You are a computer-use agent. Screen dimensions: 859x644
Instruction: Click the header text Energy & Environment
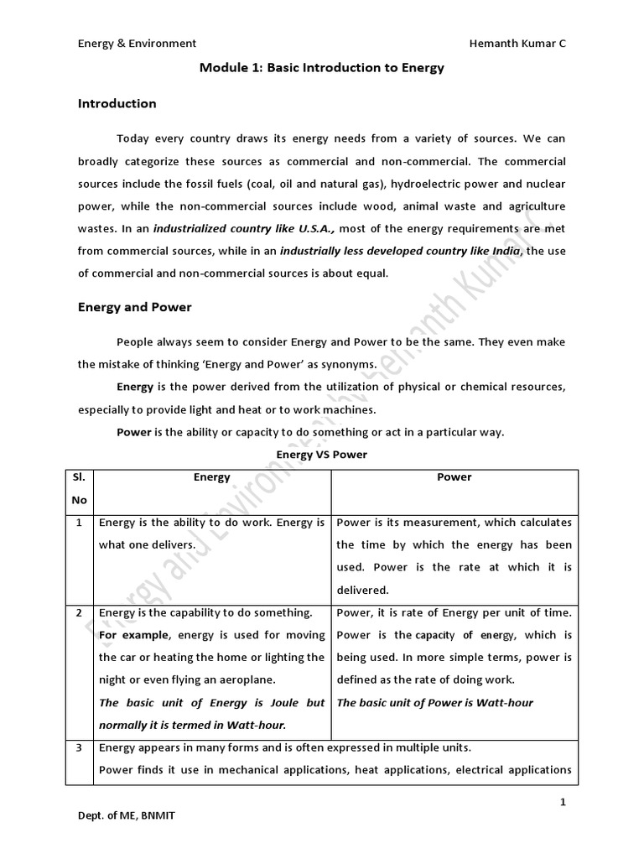click(137, 43)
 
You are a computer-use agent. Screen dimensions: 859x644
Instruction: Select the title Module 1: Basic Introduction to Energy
click(322, 68)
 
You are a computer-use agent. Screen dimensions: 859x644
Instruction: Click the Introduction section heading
click(117, 104)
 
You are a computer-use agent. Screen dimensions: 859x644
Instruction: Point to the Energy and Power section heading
click(134, 307)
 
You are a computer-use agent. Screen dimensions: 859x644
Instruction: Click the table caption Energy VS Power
click(322, 455)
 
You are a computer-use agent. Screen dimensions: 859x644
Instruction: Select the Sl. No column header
click(80, 488)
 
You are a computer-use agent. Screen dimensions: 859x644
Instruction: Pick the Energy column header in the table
click(211, 477)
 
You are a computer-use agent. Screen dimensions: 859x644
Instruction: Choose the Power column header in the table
click(454, 477)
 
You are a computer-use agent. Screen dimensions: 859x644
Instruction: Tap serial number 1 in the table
click(79, 523)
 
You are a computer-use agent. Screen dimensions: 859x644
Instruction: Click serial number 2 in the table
click(79, 612)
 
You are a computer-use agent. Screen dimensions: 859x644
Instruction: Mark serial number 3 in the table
click(79, 747)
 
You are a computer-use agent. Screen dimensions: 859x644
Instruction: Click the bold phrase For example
click(129, 635)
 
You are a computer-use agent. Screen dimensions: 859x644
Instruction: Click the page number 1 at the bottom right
click(563, 803)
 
